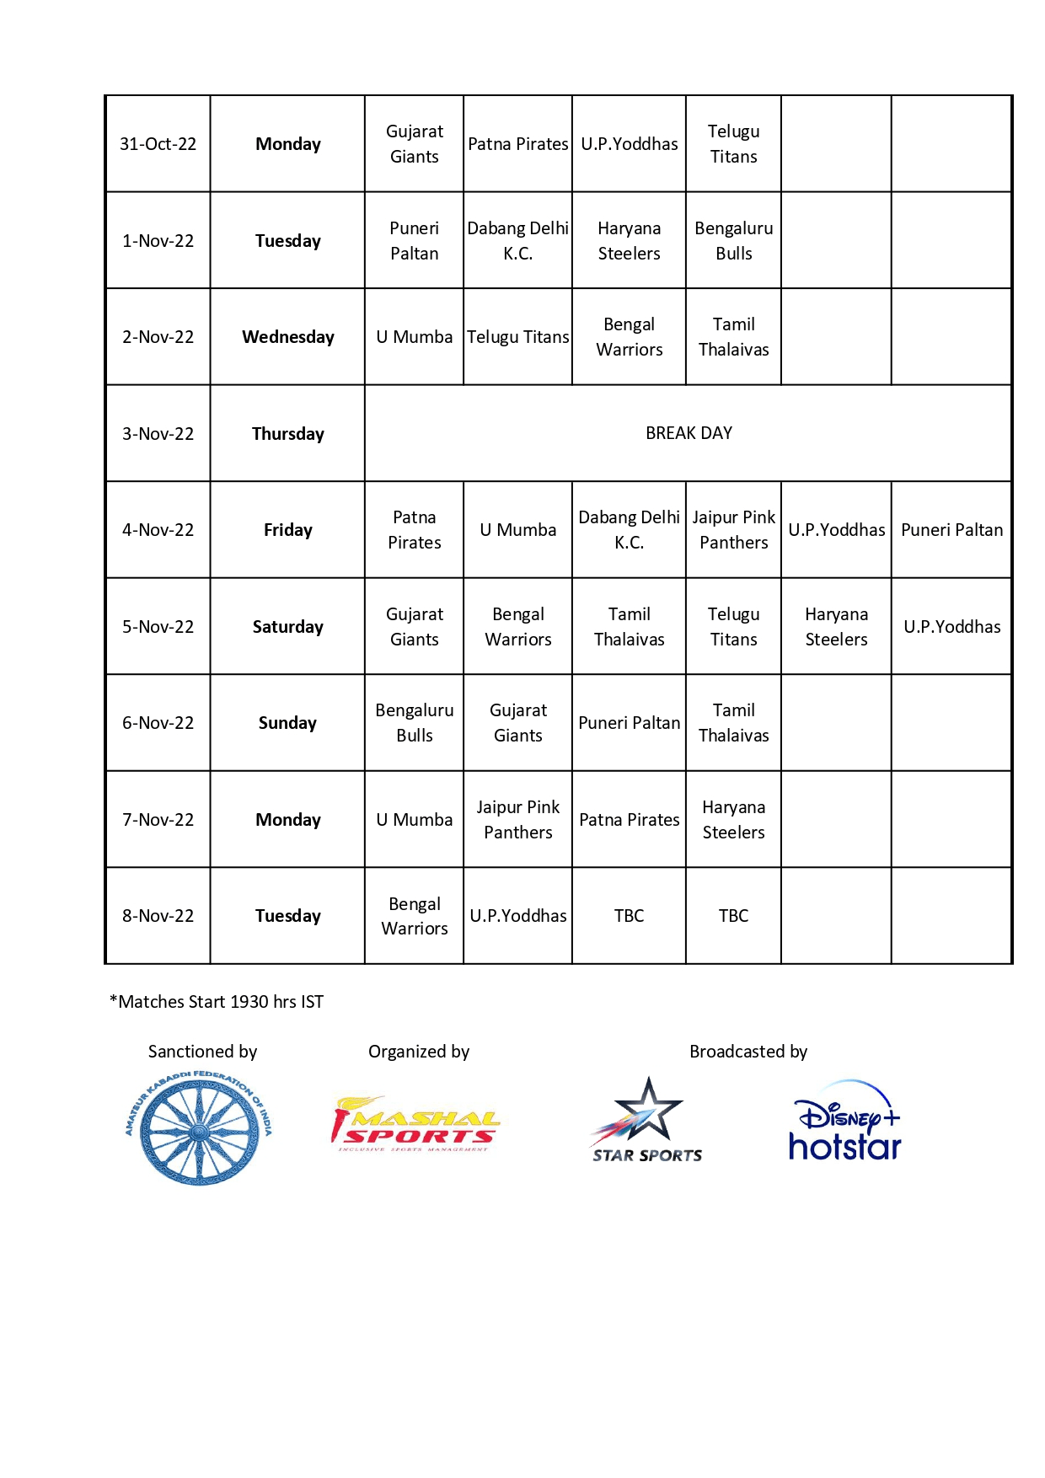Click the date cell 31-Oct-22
click(x=158, y=144)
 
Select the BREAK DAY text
click(x=689, y=433)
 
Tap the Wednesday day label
click(x=287, y=337)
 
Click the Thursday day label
click(x=287, y=434)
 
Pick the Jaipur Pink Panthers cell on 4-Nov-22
click(x=733, y=530)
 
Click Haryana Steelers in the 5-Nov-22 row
click(x=836, y=627)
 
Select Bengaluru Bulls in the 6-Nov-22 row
click(x=414, y=723)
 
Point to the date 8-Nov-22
click(x=158, y=916)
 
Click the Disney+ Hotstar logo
click(x=844, y=1121)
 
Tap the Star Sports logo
click(x=646, y=1121)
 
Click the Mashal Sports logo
click(x=415, y=1124)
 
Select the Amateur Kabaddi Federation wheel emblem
click(x=199, y=1127)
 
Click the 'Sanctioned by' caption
click(x=202, y=1052)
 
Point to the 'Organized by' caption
click(x=418, y=1052)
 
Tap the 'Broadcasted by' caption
click(x=748, y=1052)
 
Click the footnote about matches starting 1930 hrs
click(x=217, y=1002)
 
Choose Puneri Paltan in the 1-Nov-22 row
click(x=414, y=241)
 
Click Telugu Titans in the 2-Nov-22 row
click(x=517, y=337)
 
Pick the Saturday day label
click(x=287, y=627)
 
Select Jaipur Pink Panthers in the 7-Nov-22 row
click(x=517, y=820)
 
